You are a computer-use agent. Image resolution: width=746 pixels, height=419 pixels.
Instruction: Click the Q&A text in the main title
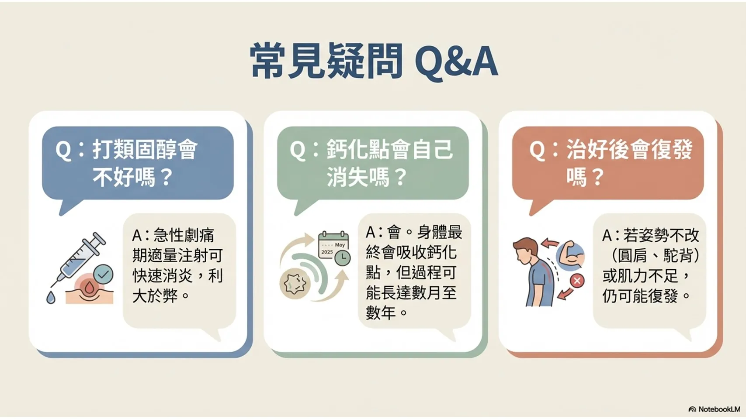coord(456,62)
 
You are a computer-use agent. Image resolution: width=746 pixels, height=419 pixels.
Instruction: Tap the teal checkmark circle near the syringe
coord(103,274)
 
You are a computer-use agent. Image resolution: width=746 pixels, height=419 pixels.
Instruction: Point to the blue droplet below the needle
coord(51,297)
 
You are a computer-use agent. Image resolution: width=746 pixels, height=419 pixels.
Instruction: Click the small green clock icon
coord(342,258)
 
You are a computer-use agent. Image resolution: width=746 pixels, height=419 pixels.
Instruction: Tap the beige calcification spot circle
coord(295,284)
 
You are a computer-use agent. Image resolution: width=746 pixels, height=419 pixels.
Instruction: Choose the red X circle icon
coord(577,281)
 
